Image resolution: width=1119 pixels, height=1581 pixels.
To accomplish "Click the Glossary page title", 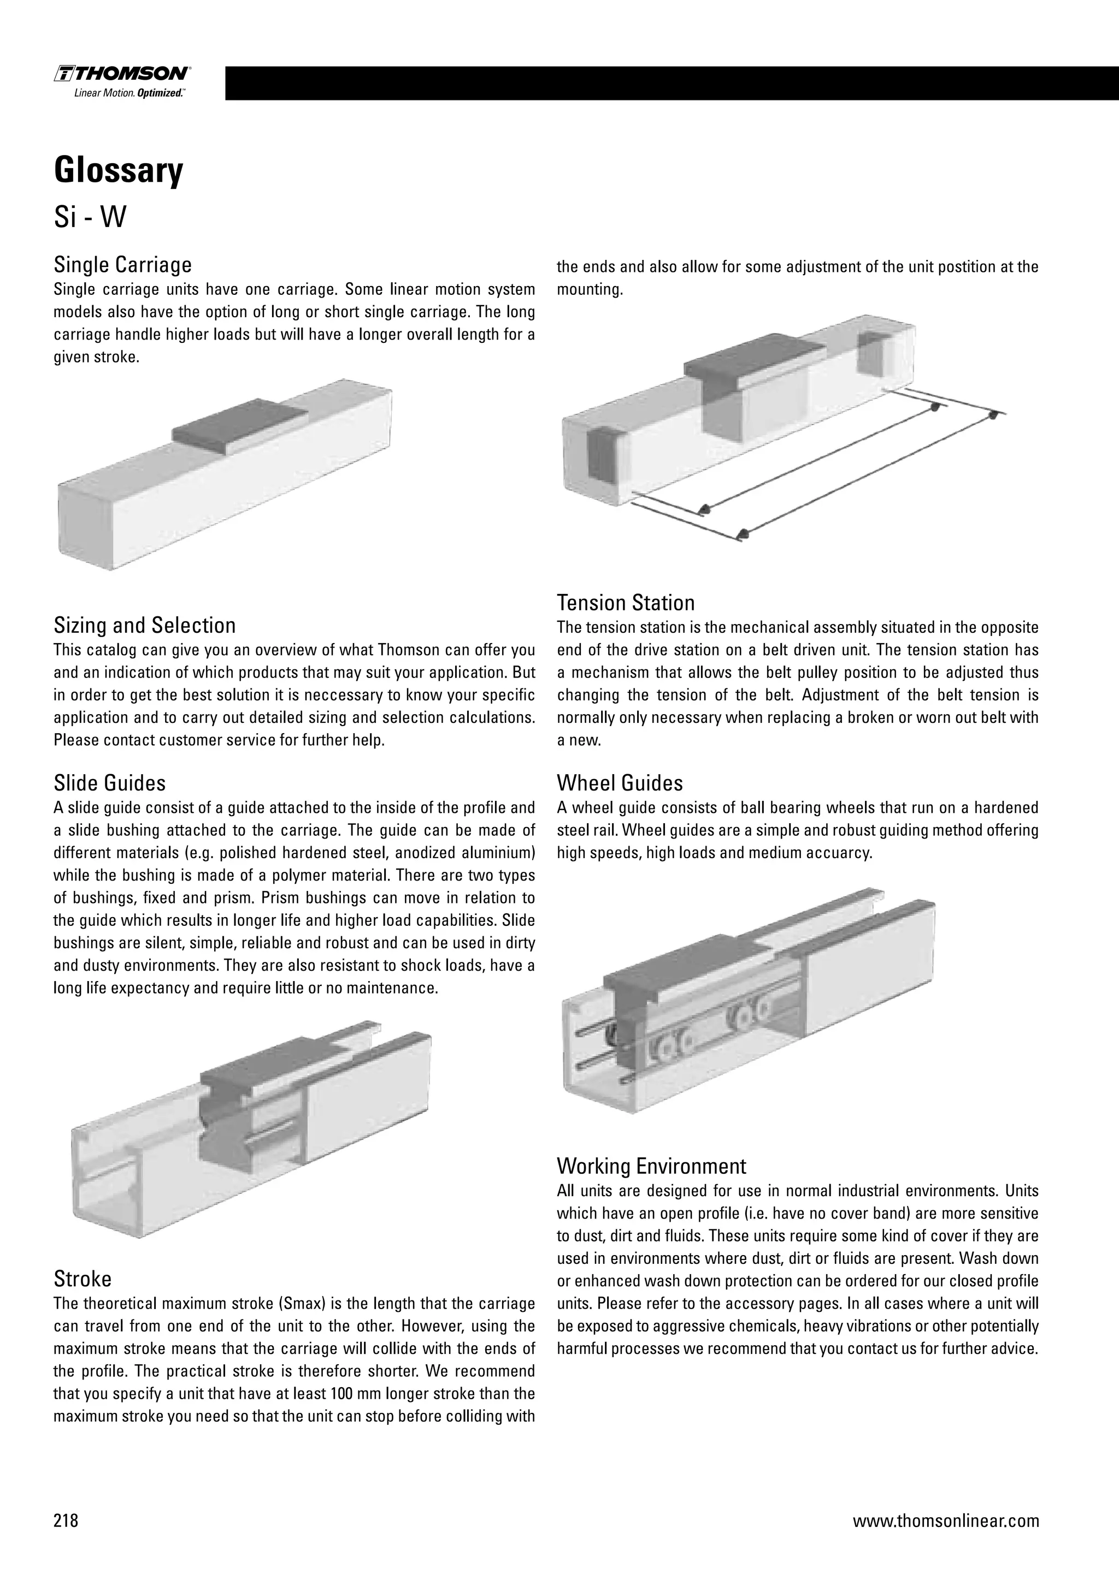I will (119, 170).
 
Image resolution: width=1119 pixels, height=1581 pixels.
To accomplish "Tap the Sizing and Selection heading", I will (145, 625).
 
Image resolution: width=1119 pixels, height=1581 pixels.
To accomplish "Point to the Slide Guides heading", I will (110, 783).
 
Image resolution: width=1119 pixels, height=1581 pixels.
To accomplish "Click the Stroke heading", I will (83, 1279).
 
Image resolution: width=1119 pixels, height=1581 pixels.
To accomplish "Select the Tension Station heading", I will (625, 603).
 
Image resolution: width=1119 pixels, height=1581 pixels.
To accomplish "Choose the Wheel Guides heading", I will (620, 783).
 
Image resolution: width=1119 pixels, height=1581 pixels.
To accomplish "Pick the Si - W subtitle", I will (90, 218).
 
